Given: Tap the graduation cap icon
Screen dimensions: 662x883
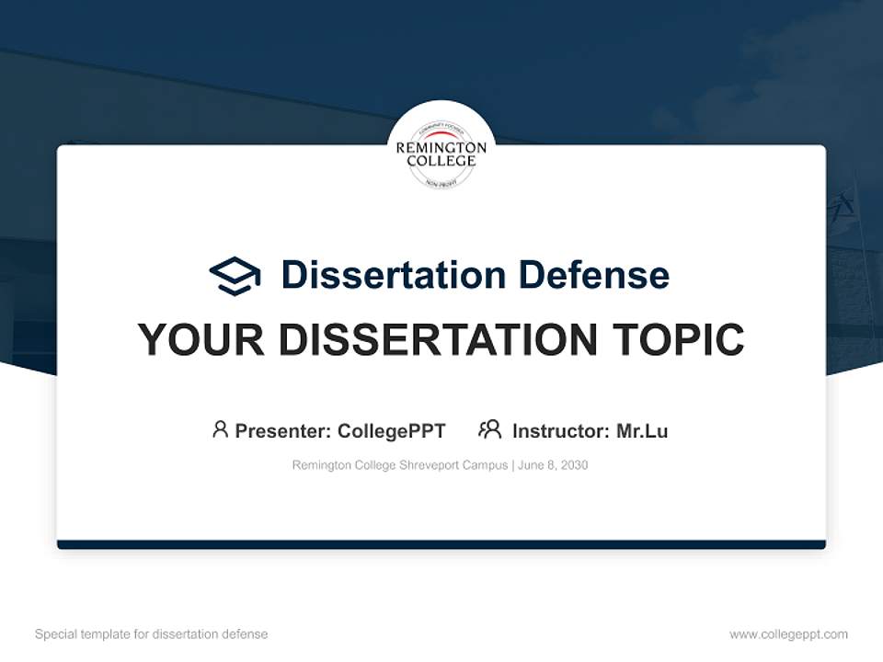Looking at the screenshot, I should coord(235,275).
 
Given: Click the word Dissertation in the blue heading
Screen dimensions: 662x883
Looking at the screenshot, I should coord(393,275).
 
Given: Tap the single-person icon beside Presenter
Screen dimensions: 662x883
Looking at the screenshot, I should coord(220,429).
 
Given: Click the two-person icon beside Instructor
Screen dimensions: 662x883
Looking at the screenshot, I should coord(489,429).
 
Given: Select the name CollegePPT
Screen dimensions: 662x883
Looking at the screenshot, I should coord(392,430).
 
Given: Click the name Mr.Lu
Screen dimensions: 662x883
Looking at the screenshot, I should coord(642,430).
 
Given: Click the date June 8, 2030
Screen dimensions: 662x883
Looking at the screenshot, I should coord(553,465).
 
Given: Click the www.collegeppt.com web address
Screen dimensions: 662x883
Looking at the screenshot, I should coord(788,634).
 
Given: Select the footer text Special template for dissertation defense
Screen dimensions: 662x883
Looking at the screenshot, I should coord(152,634).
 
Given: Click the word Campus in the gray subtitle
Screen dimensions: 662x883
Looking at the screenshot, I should coord(487,465).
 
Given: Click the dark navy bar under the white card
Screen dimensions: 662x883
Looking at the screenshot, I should coord(441,544).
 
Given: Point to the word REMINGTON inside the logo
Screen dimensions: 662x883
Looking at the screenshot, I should coord(441,147).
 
